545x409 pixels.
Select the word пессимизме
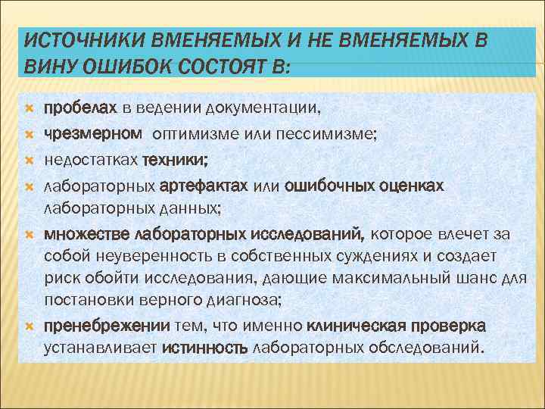click(x=353, y=135)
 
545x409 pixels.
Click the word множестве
click(x=86, y=233)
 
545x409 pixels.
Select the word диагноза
click(x=247, y=302)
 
